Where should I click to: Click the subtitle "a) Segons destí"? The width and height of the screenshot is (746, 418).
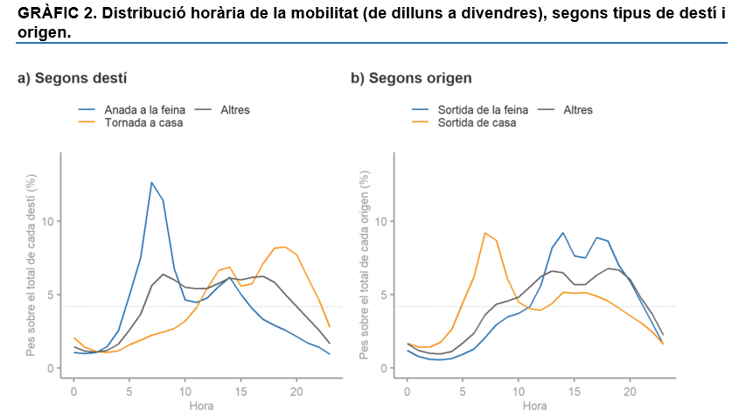point(73,78)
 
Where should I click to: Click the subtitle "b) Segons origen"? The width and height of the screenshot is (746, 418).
point(411,78)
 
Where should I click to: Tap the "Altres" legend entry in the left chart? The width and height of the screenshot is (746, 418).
point(235,110)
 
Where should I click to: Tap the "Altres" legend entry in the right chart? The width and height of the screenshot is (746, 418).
point(578,110)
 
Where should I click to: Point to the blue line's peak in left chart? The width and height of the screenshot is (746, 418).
point(151,183)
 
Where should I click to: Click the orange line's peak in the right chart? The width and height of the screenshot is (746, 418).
point(485,233)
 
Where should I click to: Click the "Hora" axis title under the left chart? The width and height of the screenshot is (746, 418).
point(201,406)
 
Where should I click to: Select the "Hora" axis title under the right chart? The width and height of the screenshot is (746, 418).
point(534,406)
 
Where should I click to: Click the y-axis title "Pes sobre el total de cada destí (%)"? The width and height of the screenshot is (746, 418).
point(31,266)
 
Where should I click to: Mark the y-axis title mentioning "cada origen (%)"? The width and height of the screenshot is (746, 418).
point(365,266)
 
